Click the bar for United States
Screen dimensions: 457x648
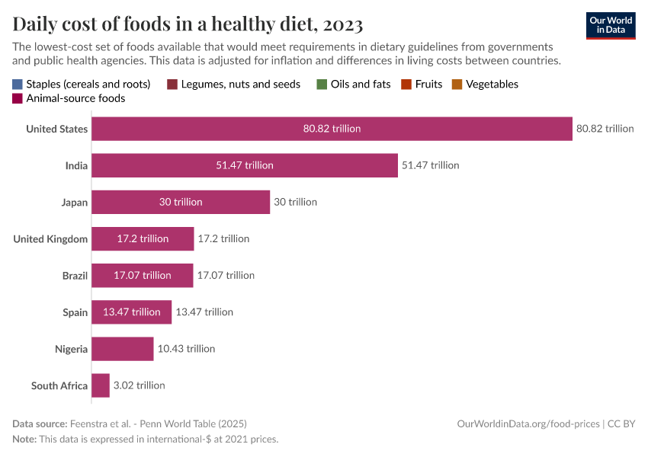(x=332, y=129)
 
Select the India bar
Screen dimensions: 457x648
(x=245, y=165)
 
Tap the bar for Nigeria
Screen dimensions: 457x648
(x=123, y=349)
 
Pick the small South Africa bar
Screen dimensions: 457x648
(x=101, y=385)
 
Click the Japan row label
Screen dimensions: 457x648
(x=75, y=203)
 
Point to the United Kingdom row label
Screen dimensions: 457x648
(x=50, y=239)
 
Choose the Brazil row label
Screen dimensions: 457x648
(x=75, y=276)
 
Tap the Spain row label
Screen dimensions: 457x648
(x=75, y=312)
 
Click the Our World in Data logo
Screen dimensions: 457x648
(x=611, y=24)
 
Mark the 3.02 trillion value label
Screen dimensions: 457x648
(x=139, y=385)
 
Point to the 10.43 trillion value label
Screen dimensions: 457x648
(x=186, y=349)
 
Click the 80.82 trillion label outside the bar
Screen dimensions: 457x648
(x=605, y=129)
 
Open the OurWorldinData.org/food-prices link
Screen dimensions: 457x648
(x=528, y=423)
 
